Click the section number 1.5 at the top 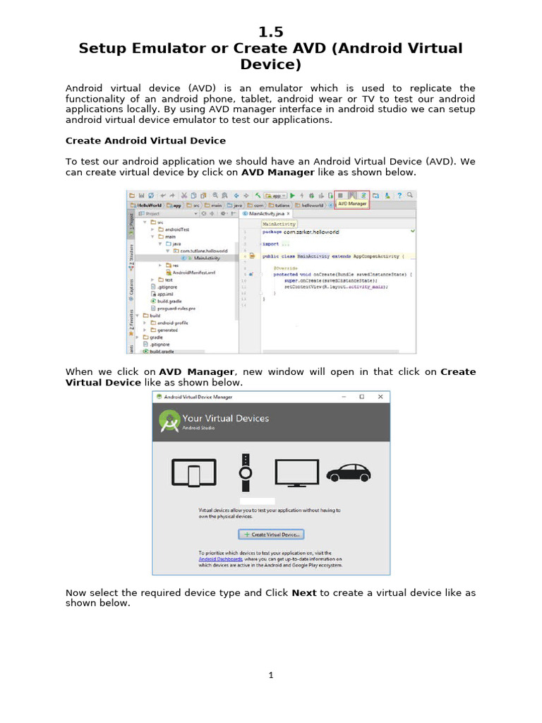(271, 32)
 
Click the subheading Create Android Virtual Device (145, 141)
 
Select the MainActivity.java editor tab (265, 213)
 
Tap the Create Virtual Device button (271, 534)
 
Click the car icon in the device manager (349, 473)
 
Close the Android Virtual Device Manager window (380, 397)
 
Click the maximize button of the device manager (361, 397)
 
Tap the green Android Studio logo (169, 422)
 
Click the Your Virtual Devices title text (226, 418)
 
